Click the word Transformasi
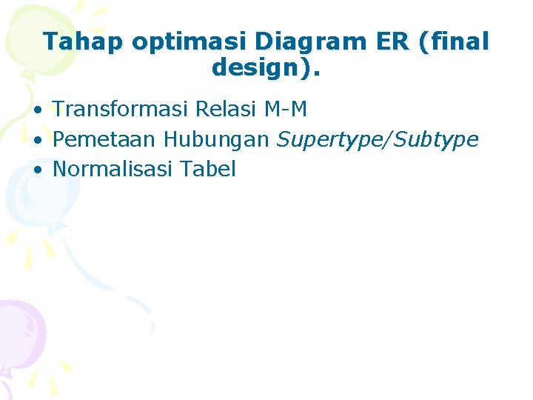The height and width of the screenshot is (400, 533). click(x=121, y=110)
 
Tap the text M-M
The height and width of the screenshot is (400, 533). click(x=285, y=110)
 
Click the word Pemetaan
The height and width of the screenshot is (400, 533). click(x=105, y=139)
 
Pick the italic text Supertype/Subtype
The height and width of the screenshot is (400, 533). click(x=378, y=140)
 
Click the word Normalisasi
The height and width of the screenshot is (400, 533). click(x=113, y=169)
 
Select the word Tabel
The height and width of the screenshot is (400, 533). click(x=207, y=169)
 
